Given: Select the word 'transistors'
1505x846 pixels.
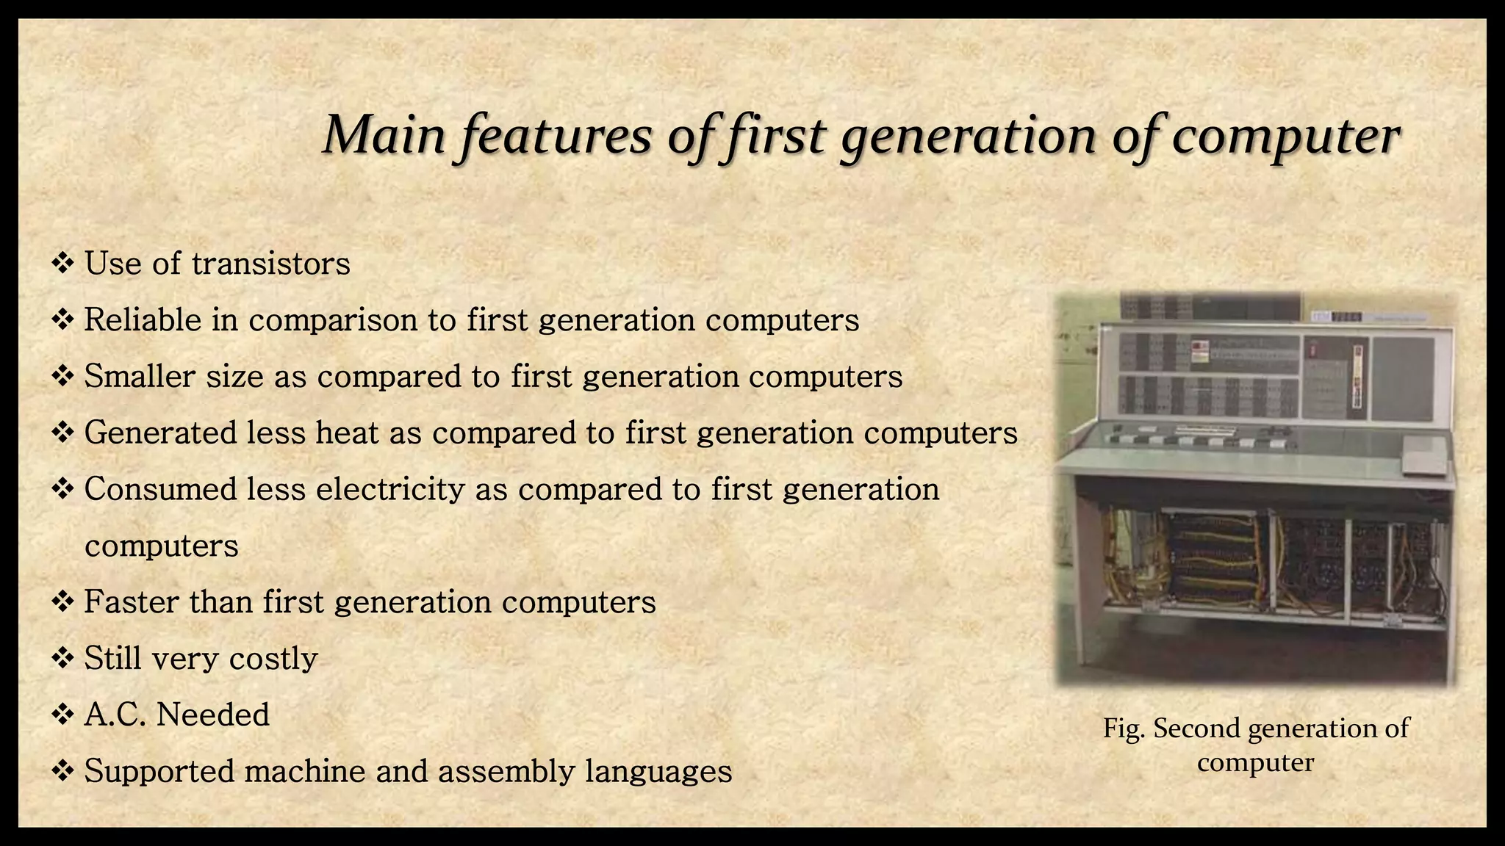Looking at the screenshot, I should (270, 264).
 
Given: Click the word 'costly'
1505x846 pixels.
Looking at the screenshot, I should (273, 659).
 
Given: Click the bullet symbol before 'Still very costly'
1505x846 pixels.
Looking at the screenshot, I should (63, 658).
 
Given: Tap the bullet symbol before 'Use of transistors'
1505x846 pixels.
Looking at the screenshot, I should (63, 263).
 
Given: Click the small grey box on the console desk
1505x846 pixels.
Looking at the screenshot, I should (1424, 455).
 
